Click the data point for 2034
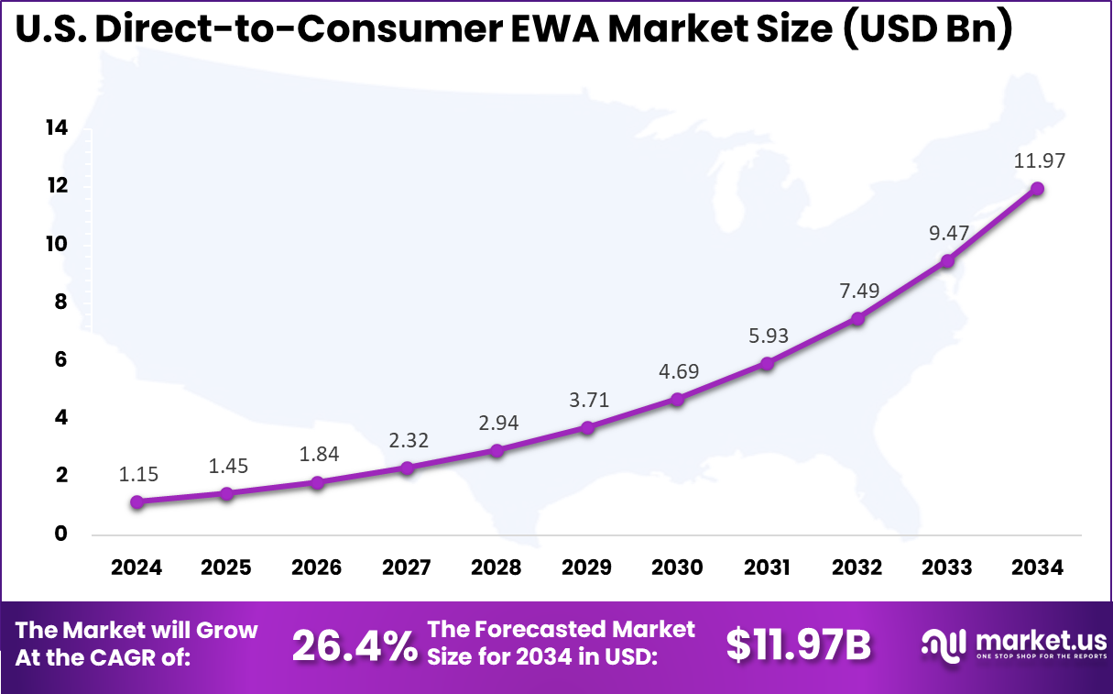(1037, 189)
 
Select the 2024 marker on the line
(136, 501)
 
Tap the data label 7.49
(857, 291)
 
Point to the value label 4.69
(677, 372)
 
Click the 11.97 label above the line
(1039, 161)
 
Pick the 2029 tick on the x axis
(587, 567)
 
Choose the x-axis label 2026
(316, 567)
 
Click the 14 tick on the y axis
(57, 128)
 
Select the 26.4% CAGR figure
(353, 645)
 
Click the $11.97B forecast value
(797, 645)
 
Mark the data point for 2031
(768, 363)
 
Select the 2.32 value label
(407, 441)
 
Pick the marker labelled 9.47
(947, 261)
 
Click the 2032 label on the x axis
(857, 567)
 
